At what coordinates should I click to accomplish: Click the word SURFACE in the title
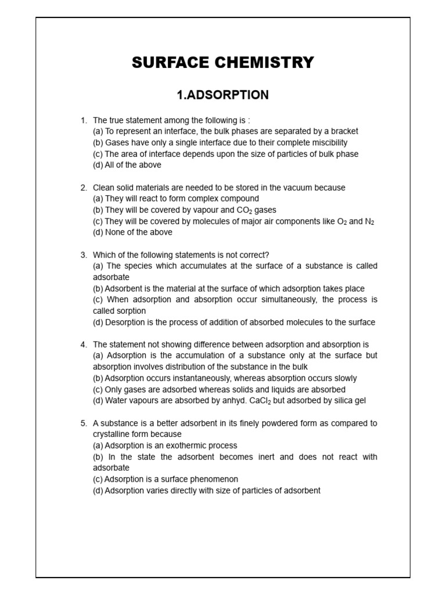(x=167, y=63)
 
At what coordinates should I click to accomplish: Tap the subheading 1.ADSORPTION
(x=223, y=95)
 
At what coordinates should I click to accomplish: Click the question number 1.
(x=84, y=120)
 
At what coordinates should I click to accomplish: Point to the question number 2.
(x=84, y=188)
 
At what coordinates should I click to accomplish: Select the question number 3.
(x=84, y=255)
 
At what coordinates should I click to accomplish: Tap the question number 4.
(x=84, y=345)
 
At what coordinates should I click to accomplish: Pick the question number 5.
(x=84, y=423)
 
